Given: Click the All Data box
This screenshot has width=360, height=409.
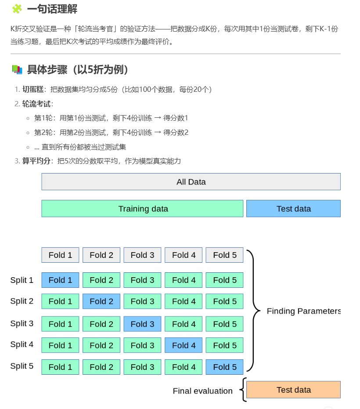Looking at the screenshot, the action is (191, 182).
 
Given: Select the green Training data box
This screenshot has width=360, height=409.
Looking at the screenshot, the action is (142, 209).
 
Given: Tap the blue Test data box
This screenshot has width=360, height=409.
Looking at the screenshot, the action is (293, 209).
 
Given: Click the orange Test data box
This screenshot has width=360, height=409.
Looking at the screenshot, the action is (293, 390).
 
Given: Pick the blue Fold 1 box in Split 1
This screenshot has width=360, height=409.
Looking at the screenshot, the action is (60, 280).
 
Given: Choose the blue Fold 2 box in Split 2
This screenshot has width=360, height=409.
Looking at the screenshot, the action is (101, 301).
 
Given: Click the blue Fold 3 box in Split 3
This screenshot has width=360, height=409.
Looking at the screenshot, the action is (142, 324).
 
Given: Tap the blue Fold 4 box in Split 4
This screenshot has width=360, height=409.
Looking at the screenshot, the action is (184, 345).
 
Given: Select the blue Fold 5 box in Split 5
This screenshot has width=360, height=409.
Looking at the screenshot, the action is (224, 367).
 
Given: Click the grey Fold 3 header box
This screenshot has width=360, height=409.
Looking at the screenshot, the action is (142, 255).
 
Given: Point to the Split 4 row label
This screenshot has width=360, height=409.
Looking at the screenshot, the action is (22, 344).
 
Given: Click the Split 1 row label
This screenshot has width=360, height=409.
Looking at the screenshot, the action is (22, 280).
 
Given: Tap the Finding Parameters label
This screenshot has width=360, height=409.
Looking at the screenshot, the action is (304, 311).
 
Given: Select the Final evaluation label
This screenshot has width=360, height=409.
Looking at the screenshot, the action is (202, 391).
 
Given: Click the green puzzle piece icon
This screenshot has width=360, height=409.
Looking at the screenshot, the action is (17, 9).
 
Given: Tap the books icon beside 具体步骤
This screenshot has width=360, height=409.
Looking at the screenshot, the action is (17, 69).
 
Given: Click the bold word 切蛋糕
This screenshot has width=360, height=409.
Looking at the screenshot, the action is (33, 90).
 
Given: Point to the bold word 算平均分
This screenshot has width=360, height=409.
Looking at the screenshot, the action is (36, 161).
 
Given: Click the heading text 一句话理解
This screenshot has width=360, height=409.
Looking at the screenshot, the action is (52, 9).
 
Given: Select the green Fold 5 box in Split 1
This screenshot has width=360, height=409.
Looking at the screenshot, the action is (224, 280).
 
